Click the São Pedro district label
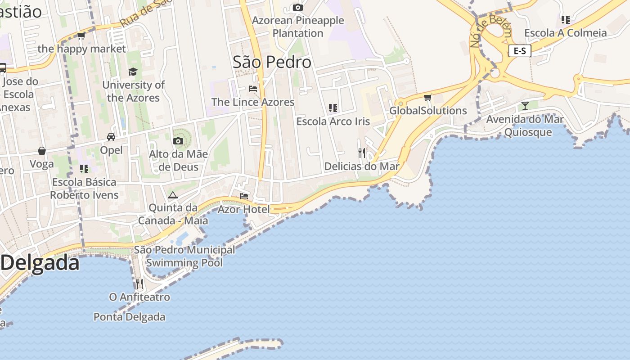[272, 62]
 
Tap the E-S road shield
[520, 51]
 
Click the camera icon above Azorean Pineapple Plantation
[297, 7]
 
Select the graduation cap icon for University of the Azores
[133, 72]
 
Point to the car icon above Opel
[111, 136]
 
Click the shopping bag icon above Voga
[42, 151]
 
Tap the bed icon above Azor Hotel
[244, 196]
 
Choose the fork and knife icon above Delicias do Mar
[362, 153]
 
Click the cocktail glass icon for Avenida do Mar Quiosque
[525, 106]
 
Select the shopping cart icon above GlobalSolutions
[427, 97]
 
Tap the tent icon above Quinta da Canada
[173, 195]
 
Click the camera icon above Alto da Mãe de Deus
[178, 141]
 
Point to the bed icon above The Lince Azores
[253, 89]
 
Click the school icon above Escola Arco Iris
[333, 108]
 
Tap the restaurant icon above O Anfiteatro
[139, 283]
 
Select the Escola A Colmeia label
[565, 33]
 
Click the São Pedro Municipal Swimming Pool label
[184, 256]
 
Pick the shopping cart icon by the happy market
[81, 36]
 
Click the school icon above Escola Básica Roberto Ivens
[84, 169]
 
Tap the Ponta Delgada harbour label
[129, 317]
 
